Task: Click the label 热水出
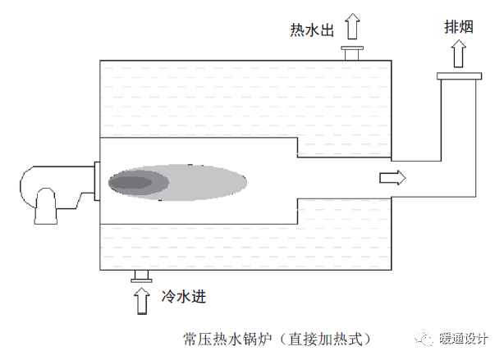click(x=313, y=31)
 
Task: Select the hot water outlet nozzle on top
click(x=353, y=54)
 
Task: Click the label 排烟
click(x=457, y=27)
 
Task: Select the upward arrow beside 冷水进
click(x=140, y=298)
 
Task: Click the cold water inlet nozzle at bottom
click(x=140, y=276)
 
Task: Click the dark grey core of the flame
click(x=131, y=182)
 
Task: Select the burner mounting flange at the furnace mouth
click(x=96, y=180)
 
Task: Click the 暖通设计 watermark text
click(x=465, y=338)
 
